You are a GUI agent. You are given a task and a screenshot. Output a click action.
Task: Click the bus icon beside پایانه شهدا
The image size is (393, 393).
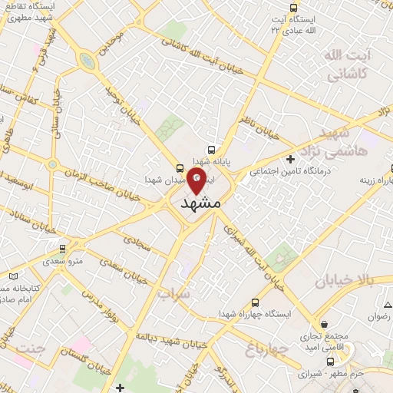click(x=211, y=150)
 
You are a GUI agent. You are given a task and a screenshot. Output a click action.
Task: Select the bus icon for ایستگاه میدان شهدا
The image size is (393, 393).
click(x=180, y=167)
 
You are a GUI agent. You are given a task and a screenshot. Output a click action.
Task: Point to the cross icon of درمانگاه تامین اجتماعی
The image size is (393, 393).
click(x=289, y=159)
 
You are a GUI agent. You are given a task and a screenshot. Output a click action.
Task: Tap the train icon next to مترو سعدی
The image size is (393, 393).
click(x=62, y=248)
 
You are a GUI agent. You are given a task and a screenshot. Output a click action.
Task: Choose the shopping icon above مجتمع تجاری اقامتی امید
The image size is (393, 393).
click(x=325, y=325)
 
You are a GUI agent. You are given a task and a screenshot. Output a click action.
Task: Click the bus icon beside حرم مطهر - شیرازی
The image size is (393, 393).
click(x=331, y=361)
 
